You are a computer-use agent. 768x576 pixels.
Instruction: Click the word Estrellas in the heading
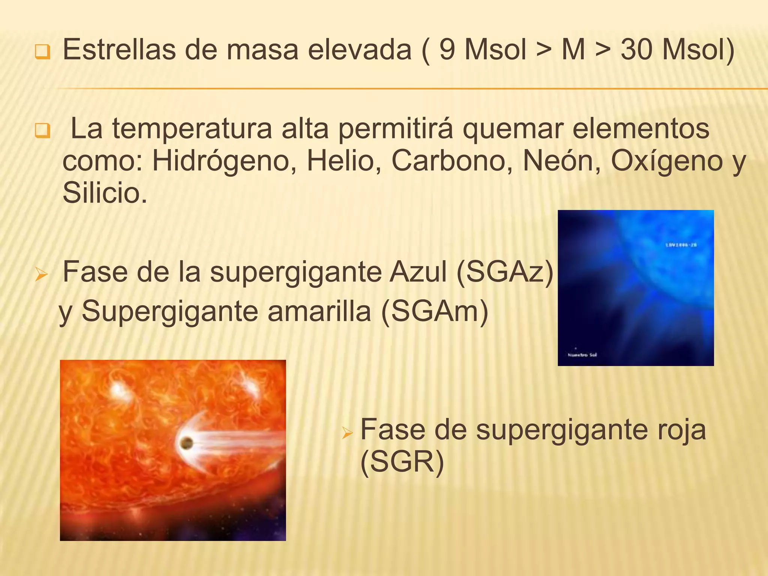click(x=119, y=49)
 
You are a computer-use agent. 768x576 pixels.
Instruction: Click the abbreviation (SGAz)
click(x=505, y=272)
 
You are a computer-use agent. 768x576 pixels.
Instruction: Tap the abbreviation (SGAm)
click(x=435, y=312)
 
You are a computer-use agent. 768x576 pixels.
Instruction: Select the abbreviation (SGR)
click(x=402, y=462)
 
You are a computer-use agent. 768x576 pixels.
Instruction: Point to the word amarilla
click(x=319, y=312)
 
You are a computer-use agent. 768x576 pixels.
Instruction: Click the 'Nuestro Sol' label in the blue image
click(x=582, y=355)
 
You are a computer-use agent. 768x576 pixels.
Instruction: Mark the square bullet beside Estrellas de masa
click(x=42, y=52)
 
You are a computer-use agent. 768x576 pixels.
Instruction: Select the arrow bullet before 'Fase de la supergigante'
click(x=41, y=275)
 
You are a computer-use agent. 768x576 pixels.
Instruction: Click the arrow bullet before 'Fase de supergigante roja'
click(x=347, y=433)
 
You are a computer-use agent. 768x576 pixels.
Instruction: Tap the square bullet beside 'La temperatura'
click(x=42, y=131)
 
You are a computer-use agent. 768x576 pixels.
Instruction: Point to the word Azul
click(x=418, y=272)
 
